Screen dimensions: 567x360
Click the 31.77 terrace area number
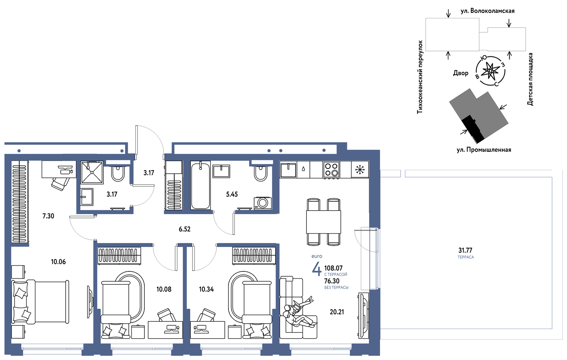tap(465, 250)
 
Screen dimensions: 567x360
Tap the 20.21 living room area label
tap(337, 312)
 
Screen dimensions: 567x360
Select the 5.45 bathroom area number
tap(232, 194)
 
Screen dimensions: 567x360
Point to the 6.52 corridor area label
tap(184, 229)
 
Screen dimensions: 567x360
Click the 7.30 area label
tap(48, 216)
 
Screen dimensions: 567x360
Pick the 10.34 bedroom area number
tap(206, 289)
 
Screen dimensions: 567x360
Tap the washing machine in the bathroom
tap(263, 203)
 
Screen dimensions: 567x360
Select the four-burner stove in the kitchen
tap(331, 170)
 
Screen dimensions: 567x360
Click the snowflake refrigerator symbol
tap(360, 170)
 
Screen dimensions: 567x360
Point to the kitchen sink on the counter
tap(288, 170)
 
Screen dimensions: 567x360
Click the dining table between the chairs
tap(324, 222)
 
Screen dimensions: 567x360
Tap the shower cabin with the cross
tap(92, 172)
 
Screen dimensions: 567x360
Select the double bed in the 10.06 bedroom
tap(40, 302)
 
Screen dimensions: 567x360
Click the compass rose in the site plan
tap(490, 71)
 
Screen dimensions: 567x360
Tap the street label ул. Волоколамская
tap(488, 11)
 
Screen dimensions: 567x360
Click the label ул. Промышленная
tap(484, 150)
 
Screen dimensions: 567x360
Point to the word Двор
tap(461, 73)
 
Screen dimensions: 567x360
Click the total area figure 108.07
tap(334, 268)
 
